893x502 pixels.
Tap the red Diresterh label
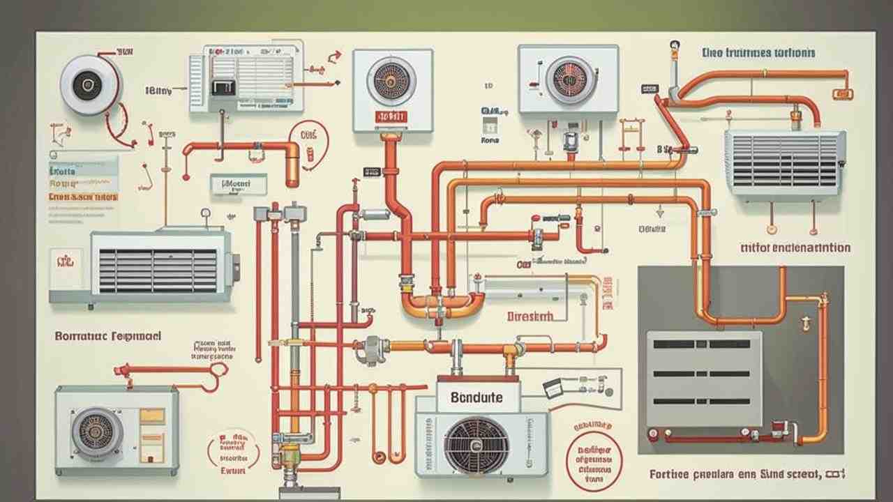[x=530, y=316]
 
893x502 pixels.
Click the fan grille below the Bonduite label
[x=476, y=445]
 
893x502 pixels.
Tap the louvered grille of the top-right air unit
[x=784, y=162]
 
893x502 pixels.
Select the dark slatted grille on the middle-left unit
[x=158, y=271]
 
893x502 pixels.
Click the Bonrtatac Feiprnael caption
[x=108, y=336]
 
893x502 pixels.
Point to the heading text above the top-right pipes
[x=758, y=52]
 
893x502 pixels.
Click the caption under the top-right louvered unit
[x=795, y=248]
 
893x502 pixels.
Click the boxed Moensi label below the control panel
[x=238, y=184]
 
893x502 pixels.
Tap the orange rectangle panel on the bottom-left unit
[x=152, y=416]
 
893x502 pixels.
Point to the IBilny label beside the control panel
[x=158, y=90]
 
